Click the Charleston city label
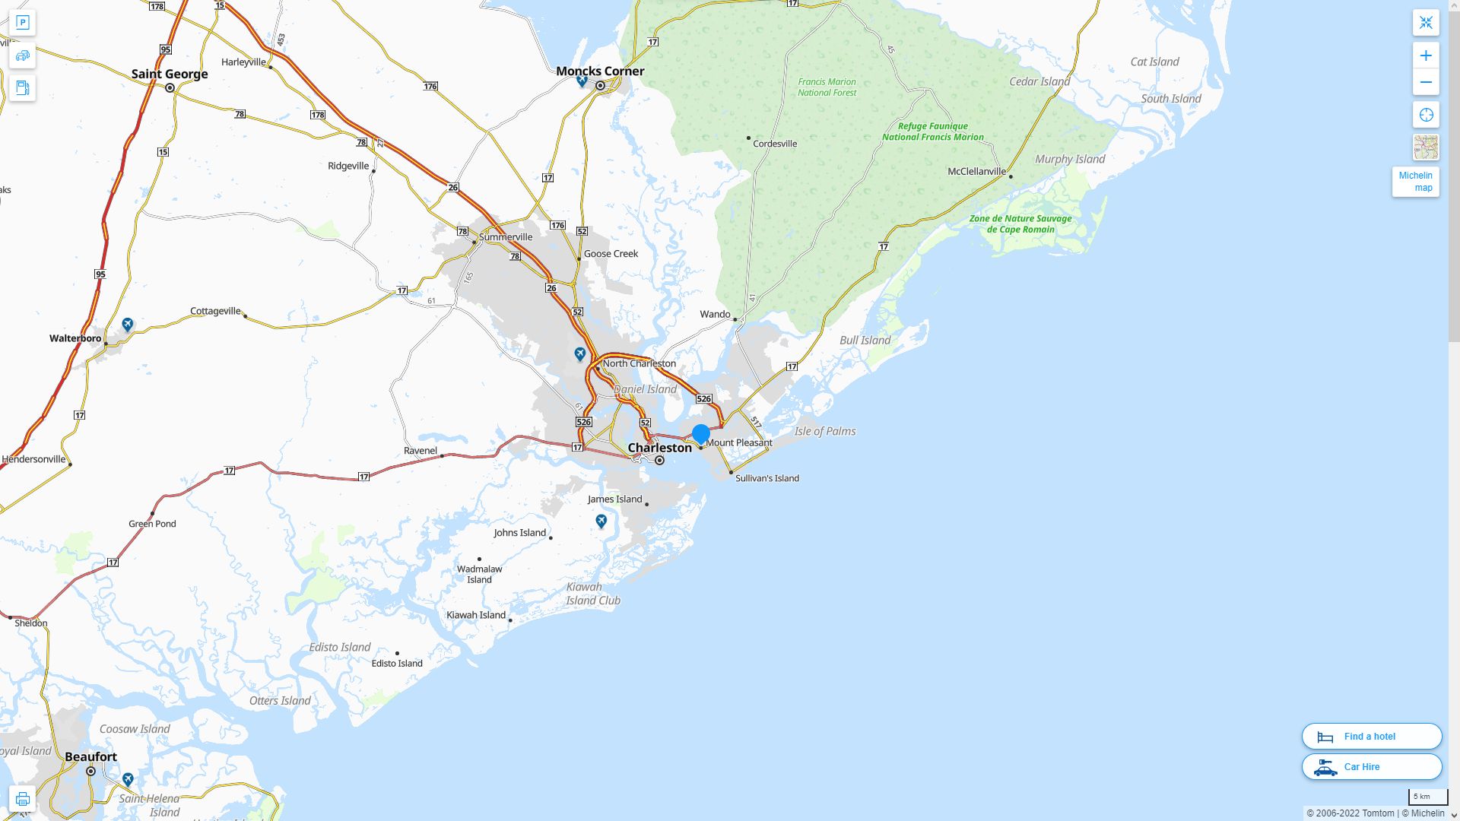pyautogui.click(x=659, y=448)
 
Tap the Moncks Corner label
pyautogui.click(x=600, y=71)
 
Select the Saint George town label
pyautogui.click(x=170, y=74)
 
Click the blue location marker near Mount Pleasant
pyautogui.click(x=701, y=434)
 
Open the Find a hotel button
pyautogui.click(x=1372, y=737)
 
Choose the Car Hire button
pyautogui.click(x=1372, y=767)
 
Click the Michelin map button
pyautogui.click(x=1415, y=182)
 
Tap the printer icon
pyautogui.click(x=22, y=799)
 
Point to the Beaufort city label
pyautogui.click(x=91, y=757)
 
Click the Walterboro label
pyautogui.click(x=75, y=338)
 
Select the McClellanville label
pyautogui.click(x=976, y=172)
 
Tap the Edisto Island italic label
pyautogui.click(x=340, y=648)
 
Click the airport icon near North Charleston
pyautogui.click(x=580, y=354)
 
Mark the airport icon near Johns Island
pyautogui.click(x=601, y=521)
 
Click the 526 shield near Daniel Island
pyautogui.click(x=703, y=399)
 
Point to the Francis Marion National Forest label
pyautogui.click(x=827, y=87)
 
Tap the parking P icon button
pyautogui.click(x=22, y=23)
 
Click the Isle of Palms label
pyautogui.click(x=825, y=432)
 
